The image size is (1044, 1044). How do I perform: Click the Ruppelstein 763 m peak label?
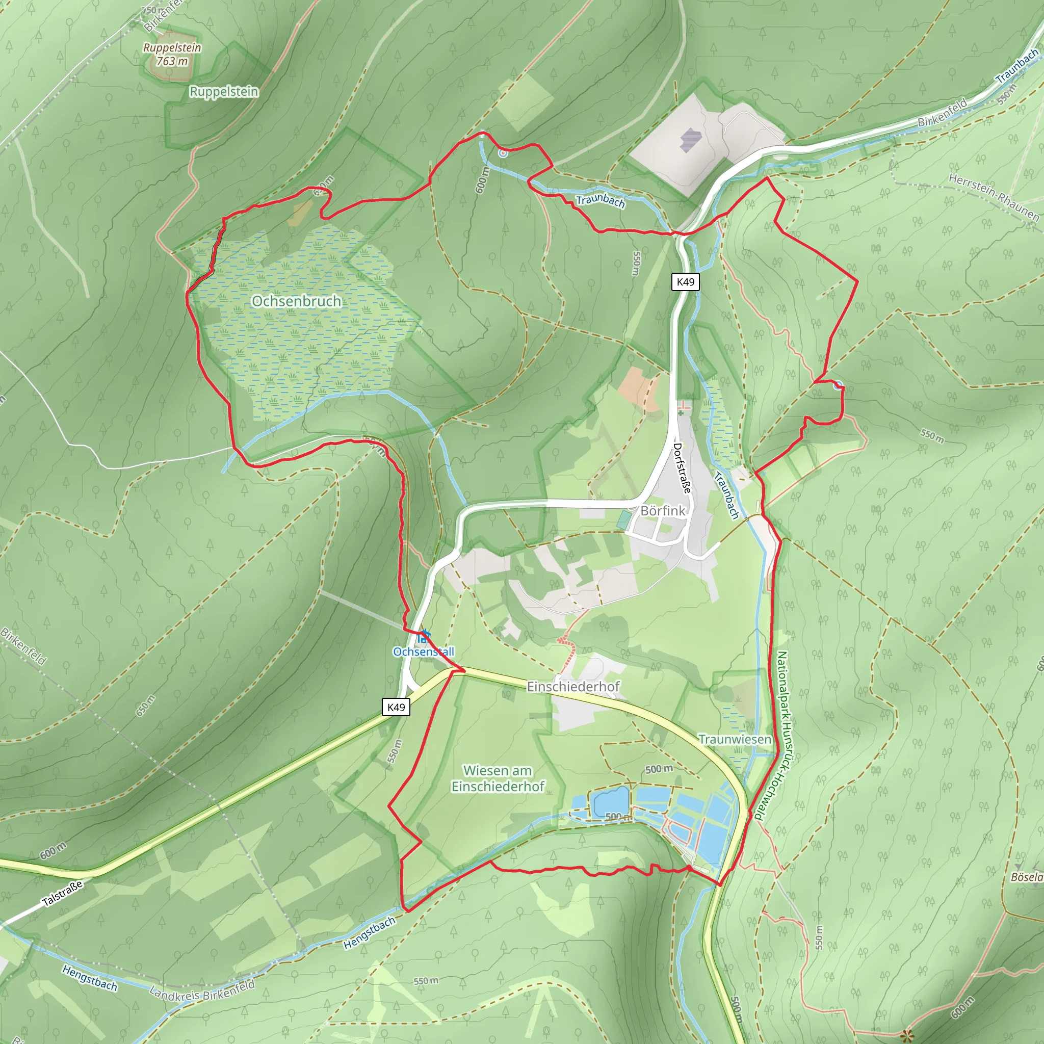coord(172,54)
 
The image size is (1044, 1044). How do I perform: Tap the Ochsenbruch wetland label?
coord(296,301)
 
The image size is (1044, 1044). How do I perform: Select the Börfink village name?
coord(663,511)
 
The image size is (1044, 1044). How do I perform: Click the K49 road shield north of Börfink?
coord(685,281)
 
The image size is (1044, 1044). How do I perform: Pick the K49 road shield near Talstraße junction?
coord(396,707)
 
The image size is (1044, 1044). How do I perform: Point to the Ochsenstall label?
coord(424,651)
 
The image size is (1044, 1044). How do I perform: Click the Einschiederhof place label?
coord(573,686)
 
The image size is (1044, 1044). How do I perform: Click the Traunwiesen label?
coord(735,739)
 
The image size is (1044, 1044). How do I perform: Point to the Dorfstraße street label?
coord(682,468)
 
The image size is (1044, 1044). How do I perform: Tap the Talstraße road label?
coord(63,893)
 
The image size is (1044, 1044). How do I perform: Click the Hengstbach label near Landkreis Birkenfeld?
coord(89,978)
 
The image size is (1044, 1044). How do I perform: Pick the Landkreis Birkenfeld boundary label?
coord(201,991)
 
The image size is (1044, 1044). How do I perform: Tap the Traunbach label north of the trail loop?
coord(601,200)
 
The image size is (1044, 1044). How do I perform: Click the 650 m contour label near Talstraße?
coord(145,706)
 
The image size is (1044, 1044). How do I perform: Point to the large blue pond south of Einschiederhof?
coord(610,801)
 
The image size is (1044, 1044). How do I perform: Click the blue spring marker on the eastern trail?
coord(838,385)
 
